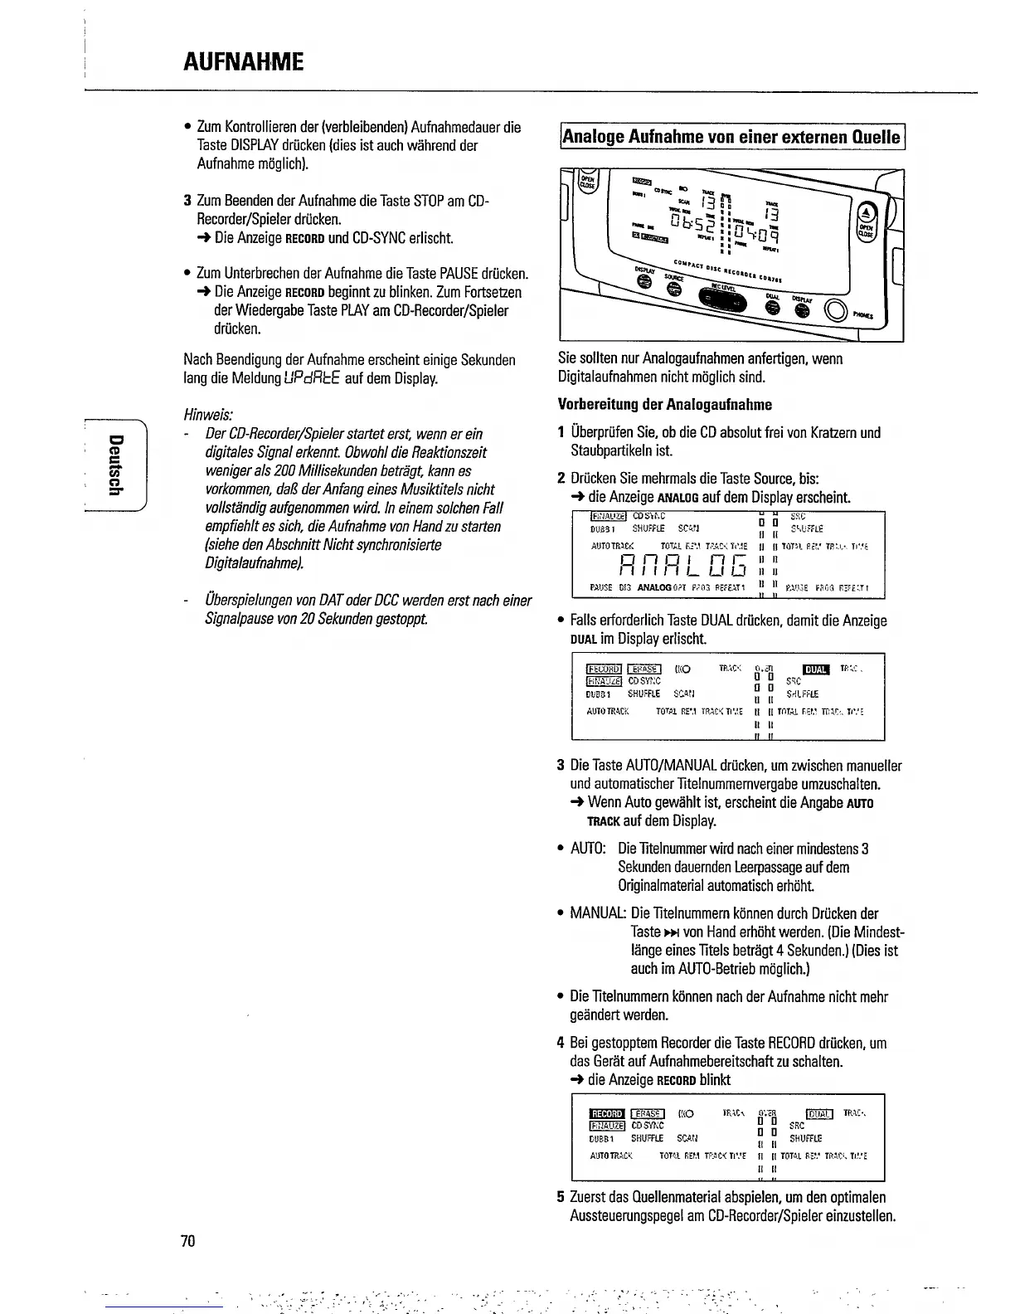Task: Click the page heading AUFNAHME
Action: [243, 61]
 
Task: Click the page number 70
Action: [187, 1241]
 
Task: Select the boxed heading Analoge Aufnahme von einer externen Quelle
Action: [731, 136]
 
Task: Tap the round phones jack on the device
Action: [834, 313]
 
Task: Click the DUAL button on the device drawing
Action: [773, 308]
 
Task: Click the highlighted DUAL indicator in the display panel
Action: [812, 670]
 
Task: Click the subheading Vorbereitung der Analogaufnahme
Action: [664, 405]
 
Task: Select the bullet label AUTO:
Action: [588, 849]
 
